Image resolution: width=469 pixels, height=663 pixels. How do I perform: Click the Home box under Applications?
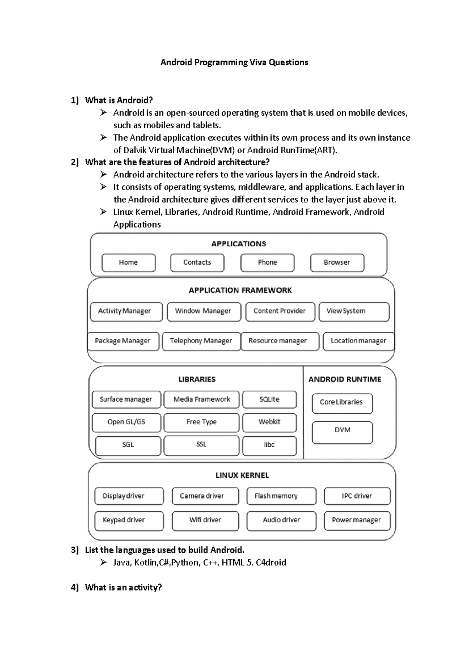(x=129, y=263)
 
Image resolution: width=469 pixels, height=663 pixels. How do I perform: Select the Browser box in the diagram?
(x=337, y=263)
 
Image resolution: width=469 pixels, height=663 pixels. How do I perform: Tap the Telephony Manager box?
(x=201, y=341)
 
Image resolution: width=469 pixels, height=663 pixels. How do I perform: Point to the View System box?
(x=354, y=312)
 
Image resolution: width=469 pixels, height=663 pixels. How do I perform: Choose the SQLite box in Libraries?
(x=269, y=400)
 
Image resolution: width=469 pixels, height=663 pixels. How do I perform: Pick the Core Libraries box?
(x=342, y=403)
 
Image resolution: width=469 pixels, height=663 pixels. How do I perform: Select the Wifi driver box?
(x=205, y=521)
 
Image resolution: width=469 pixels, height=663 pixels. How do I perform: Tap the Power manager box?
(x=357, y=521)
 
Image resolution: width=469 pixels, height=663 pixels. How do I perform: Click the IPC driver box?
(x=357, y=496)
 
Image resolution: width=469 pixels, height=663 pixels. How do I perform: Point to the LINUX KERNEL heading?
(x=242, y=476)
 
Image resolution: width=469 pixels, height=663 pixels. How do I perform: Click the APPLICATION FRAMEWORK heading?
(x=240, y=290)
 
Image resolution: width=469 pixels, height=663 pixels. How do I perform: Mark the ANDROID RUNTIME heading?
(x=345, y=379)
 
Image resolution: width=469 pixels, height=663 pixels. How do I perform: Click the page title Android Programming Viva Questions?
(x=234, y=63)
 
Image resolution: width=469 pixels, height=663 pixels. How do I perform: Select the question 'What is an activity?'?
(x=123, y=588)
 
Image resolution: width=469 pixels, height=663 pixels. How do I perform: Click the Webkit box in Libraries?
(x=269, y=422)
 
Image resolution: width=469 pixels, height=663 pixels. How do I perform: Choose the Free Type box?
(x=201, y=422)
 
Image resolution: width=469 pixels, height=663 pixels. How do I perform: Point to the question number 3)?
(x=75, y=550)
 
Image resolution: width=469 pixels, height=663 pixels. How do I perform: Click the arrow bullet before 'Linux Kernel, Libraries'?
(x=103, y=212)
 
